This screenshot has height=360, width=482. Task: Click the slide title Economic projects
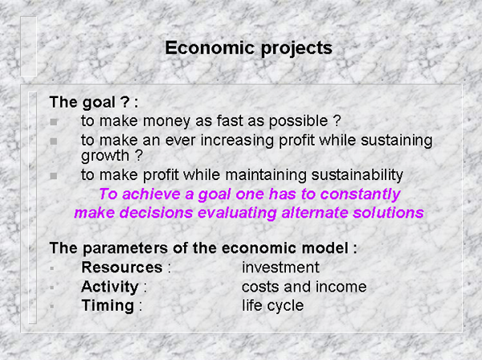[x=249, y=48]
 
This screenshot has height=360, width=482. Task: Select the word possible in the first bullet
[x=298, y=121]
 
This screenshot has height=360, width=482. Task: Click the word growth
[x=104, y=156]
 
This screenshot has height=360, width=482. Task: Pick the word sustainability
[x=357, y=175]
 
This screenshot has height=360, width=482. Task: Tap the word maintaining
[x=266, y=175]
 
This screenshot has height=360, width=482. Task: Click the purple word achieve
[x=151, y=194]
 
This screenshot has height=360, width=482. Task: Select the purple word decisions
[x=156, y=213]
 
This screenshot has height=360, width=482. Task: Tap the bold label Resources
[x=122, y=268]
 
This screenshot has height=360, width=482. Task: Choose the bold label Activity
[x=110, y=287]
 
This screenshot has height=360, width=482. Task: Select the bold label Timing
[x=108, y=306]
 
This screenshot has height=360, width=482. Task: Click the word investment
[x=280, y=268]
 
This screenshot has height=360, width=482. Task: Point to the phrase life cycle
[x=272, y=306]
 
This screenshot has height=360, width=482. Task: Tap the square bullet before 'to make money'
[x=54, y=122]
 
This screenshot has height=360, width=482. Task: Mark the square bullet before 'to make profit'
[x=54, y=176]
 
